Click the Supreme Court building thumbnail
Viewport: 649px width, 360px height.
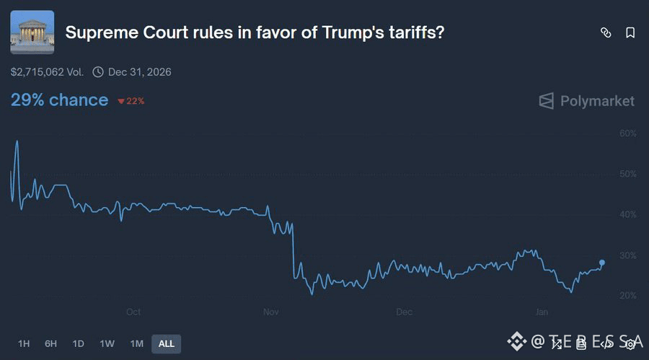(x=32, y=32)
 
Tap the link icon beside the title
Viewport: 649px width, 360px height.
(x=606, y=32)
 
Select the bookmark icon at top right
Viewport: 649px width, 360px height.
(x=630, y=32)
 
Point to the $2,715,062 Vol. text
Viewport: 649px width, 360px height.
(x=48, y=72)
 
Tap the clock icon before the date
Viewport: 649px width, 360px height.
(x=98, y=72)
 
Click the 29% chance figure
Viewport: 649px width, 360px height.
(x=59, y=100)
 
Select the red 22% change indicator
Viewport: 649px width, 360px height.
(x=131, y=101)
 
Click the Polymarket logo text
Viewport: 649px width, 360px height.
(x=597, y=100)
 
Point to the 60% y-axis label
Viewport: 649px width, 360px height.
(x=627, y=133)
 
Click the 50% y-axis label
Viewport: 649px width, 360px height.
(x=627, y=174)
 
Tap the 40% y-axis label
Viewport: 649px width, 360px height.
(x=627, y=214)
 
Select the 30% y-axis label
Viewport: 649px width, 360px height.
(x=627, y=255)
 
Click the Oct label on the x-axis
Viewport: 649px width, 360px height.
(x=133, y=312)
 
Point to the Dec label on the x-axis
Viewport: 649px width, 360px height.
(x=405, y=312)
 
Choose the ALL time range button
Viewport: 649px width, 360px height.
(x=166, y=343)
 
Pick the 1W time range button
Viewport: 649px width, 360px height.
(x=107, y=343)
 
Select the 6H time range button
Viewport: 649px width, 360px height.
(x=50, y=343)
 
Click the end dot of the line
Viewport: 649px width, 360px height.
(x=602, y=263)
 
